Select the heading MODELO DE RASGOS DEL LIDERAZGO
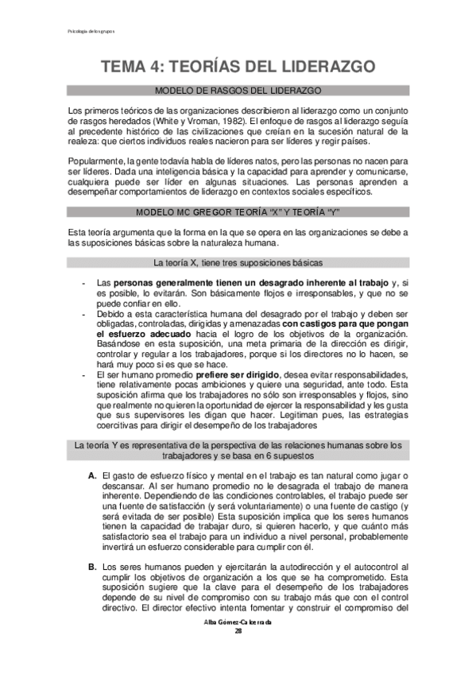pyautogui.click(x=238, y=91)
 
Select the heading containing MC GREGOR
pyautogui.click(x=238, y=212)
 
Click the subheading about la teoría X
pyautogui.click(x=238, y=262)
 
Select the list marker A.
pyautogui.click(x=92, y=475)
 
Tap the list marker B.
pyautogui.click(x=92, y=567)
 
